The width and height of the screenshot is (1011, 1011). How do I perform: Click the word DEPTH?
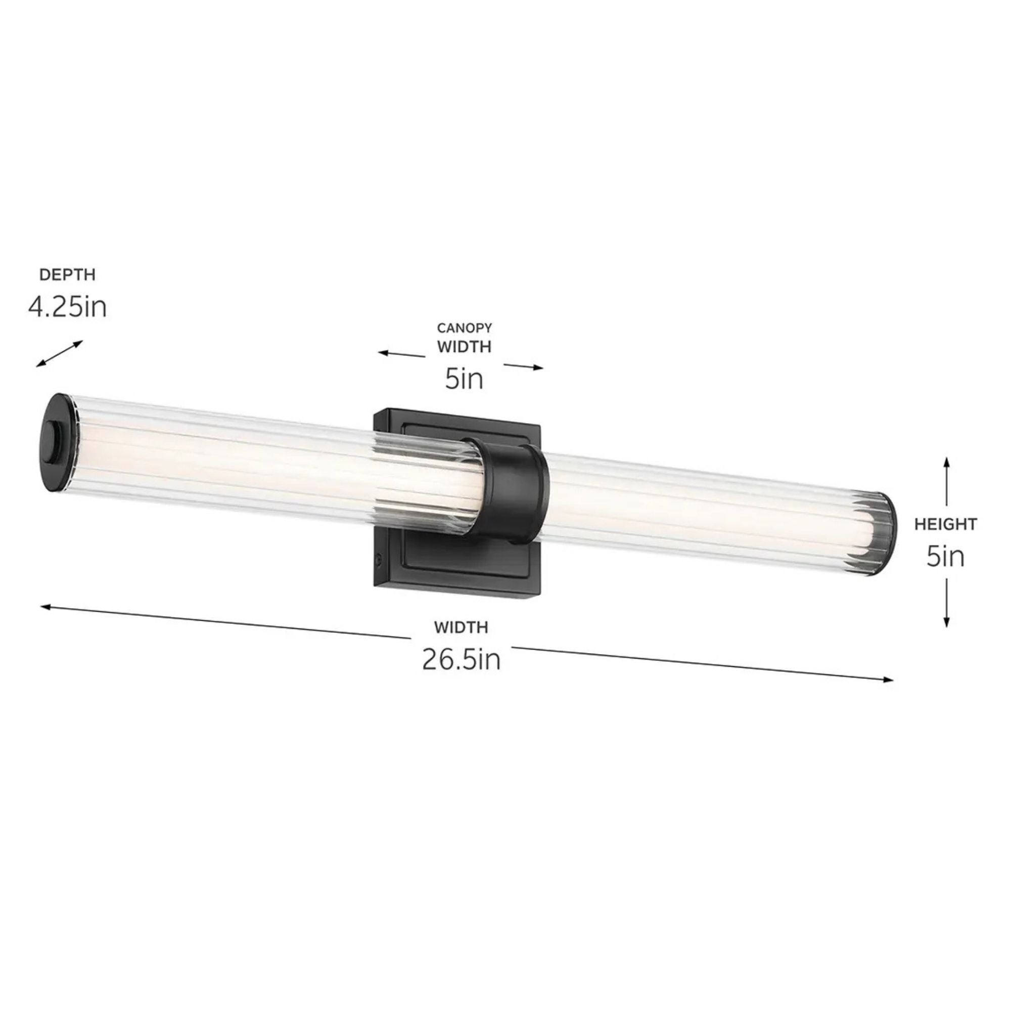click(x=68, y=274)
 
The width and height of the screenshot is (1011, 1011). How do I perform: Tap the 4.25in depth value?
click(x=67, y=307)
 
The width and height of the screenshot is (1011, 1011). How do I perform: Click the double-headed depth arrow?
click(x=59, y=354)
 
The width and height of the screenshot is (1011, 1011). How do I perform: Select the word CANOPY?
click(x=464, y=328)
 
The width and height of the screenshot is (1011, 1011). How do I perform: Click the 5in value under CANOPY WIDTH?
click(x=464, y=378)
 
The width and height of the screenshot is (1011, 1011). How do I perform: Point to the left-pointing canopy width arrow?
click(x=401, y=354)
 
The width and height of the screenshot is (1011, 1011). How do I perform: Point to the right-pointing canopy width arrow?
click(x=523, y=366)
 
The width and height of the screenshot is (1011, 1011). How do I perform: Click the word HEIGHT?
click(x=945, y=524)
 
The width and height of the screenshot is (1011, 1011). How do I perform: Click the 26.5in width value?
click(x=461, y=660)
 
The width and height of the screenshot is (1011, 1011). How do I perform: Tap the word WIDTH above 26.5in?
click(x=461, y=627)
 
